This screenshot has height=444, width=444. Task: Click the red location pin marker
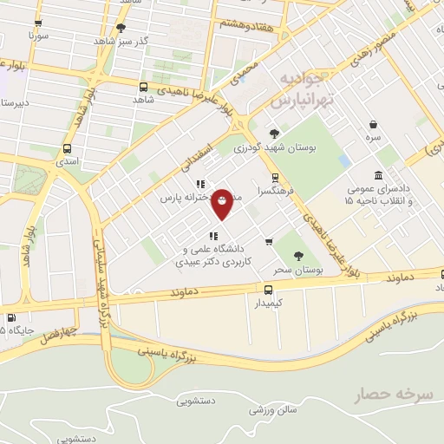222,203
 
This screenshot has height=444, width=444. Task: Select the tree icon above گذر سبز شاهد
120,28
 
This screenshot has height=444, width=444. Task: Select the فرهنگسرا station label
275,189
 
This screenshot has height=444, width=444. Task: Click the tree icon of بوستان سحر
298,256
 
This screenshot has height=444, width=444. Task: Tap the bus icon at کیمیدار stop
268,290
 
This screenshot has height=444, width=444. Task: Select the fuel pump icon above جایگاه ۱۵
12,317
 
